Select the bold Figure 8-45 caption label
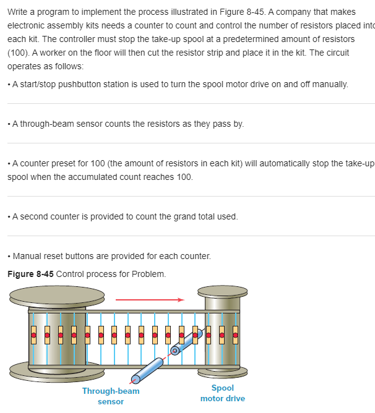[30, 274]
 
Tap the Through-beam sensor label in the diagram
[111, 396]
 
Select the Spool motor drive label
[223, 393]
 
